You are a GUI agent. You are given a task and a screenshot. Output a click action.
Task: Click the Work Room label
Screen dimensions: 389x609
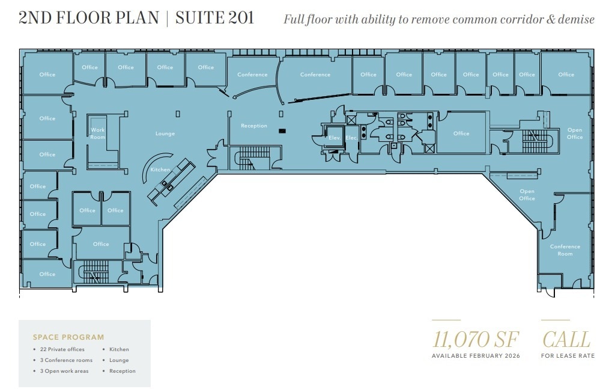pos(97,133)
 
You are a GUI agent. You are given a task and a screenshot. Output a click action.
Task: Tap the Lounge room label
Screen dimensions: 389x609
pos(165,133)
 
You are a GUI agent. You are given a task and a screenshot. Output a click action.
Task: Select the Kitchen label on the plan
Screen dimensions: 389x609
pos(160,170)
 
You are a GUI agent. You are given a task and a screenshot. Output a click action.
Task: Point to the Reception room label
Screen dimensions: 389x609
pos(253,126)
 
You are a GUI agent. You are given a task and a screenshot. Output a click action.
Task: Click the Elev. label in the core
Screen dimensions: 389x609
pos(335,138)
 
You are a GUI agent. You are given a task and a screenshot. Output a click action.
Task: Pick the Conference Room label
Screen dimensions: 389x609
pos(565,250)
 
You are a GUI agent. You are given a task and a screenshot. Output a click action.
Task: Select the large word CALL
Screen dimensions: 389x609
pos(566,339)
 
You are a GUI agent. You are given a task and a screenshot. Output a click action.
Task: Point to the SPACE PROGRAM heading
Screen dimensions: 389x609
pos(68,337)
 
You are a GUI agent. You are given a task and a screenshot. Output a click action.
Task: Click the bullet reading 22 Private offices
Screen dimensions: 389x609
pos(62,349)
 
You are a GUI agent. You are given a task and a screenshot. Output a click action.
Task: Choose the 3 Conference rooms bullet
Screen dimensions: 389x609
pos(65,360)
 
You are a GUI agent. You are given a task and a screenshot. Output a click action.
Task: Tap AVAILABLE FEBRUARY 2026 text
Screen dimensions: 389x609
pos(476,356)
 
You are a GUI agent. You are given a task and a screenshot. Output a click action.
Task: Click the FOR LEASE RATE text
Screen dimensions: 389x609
pos(568,356)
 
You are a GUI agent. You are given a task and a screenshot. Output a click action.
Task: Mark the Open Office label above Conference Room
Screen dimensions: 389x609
pos(527,195)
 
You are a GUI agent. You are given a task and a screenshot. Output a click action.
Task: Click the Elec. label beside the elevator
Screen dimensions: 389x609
pos(351,138)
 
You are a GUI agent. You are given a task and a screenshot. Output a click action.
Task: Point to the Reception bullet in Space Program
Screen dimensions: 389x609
pos(122,371)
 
